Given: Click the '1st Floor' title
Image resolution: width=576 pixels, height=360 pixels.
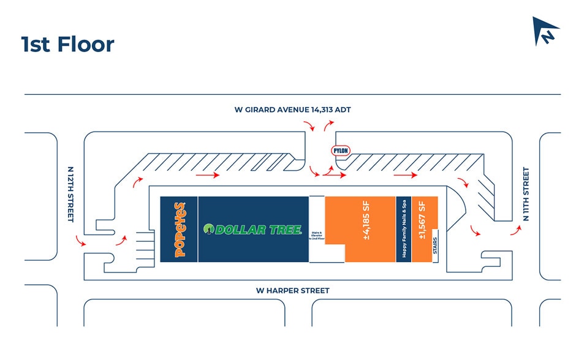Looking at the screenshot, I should pyautogui.click(x=67, y=44).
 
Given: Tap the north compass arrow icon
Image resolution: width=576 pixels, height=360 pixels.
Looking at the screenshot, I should pyautogui.click(x=545, y=31).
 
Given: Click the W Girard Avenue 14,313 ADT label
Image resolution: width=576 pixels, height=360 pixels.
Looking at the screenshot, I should pyautogui.click(x=293, y=110).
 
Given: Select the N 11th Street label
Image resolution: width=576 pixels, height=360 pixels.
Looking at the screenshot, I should pyautogui.click(x=525, y=194).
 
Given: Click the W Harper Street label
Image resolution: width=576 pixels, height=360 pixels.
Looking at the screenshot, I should pyautogui.click(x=293, y=290).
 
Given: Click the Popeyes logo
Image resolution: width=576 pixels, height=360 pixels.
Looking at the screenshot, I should pyautogui.click(x=180, y=230).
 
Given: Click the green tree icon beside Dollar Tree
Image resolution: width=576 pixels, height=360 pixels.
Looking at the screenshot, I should pyautogui.click(x=208, y=230).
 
